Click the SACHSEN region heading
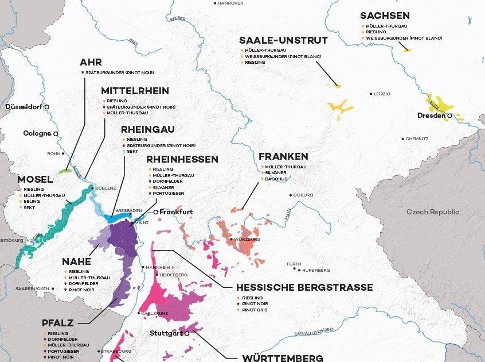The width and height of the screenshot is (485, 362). pos(385,16)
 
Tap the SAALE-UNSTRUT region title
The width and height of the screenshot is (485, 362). pos(283,40)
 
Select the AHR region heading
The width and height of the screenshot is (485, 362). pos(91,62)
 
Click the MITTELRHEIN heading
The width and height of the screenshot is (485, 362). pos(135,91)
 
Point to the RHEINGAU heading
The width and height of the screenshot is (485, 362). pos(147,129)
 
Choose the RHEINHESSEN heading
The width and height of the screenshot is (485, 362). pos(182,159)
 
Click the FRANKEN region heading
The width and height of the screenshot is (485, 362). pos(283,156)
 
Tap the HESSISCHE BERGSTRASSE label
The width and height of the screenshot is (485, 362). pos(304,287)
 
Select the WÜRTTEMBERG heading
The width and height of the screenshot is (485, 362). pos(283,358)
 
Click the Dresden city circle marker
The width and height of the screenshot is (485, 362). pos(450,115)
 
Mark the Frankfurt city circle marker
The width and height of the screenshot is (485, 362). pos(156,212)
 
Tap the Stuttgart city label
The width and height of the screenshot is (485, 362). pos(166,333)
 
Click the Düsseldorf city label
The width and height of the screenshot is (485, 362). pos(24,107)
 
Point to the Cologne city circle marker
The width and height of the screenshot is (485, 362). pos(56,133)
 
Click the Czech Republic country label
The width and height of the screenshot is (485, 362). pos(433,212)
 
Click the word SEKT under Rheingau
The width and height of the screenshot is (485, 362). pos(132,152)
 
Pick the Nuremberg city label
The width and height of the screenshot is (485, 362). pos(315,269)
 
